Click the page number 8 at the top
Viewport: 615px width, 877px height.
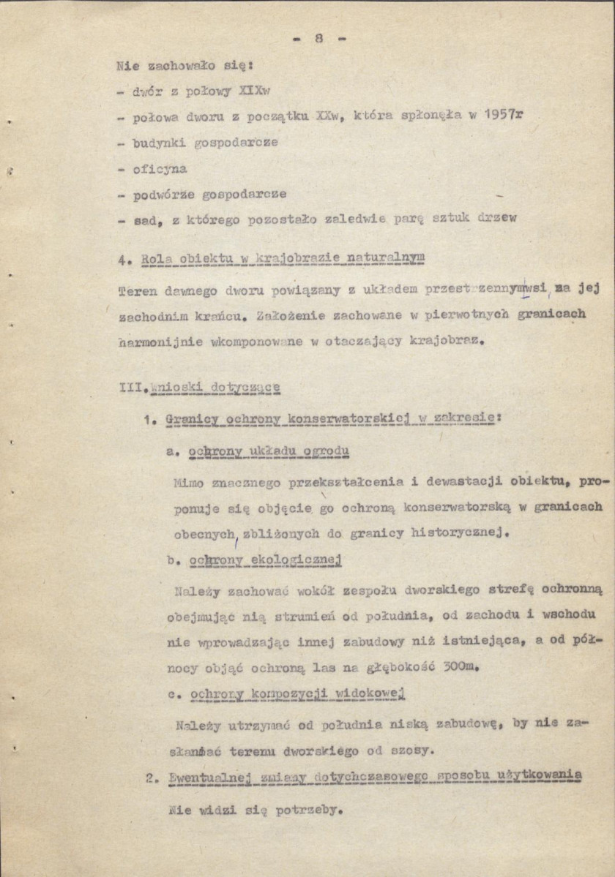click(318, 38)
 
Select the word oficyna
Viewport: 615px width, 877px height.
click(160, 169)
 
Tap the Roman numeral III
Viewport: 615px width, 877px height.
click(130, 387)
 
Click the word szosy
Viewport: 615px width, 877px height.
click(414, 750)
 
